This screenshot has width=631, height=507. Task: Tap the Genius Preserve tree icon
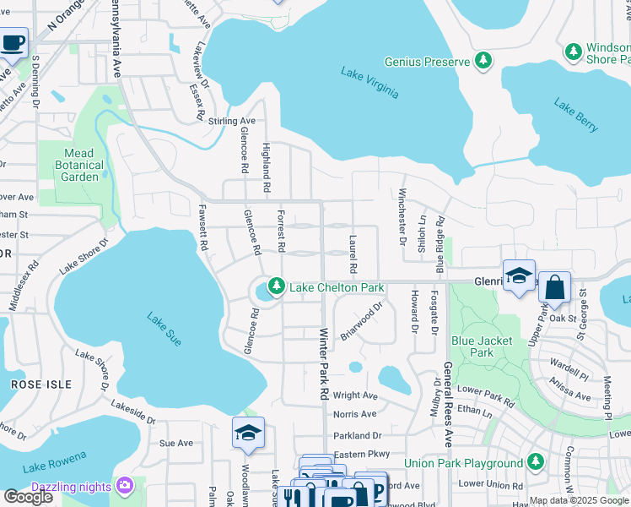[x=483, y=61]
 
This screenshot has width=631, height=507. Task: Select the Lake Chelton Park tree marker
[x=276, y=288]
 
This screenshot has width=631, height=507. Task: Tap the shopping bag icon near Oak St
[x=555, y=288]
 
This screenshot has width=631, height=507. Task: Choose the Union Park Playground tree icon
[x=535, y=463]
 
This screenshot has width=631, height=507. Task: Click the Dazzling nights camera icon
[x=125, y=486]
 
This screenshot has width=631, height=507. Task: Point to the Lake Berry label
[x=576, y=116]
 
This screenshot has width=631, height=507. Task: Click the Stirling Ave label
[x=232, y=122]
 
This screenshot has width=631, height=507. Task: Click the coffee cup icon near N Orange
[x=13, y=43]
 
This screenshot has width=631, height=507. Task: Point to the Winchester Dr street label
[x=402, y=216]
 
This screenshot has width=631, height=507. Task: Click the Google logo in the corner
[x=28, y=496]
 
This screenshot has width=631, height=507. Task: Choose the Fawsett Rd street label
[x=203, y=228]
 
